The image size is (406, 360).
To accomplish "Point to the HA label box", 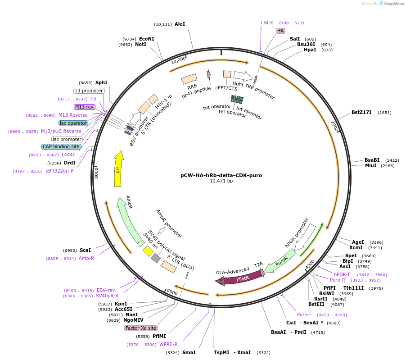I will (280, 31).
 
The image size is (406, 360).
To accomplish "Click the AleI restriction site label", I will (180, 24).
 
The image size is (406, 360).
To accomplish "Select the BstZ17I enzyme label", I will (361, 112).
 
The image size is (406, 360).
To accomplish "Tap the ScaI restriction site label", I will (85, 250).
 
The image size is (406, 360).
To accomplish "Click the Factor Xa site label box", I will (141, 328).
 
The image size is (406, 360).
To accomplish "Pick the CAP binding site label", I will (61, 146).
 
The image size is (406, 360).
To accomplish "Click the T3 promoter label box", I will (89, 91).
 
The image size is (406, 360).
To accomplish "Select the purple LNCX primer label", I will (267, 23).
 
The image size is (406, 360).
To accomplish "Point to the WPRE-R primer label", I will (168, 344).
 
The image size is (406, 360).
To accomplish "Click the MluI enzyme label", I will (370, 165).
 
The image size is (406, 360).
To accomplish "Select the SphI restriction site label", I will (101, 82).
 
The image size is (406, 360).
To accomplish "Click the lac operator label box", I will (73, 123).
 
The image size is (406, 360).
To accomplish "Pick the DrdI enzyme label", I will (69, 163).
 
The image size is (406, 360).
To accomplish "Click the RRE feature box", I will (189, 79).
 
